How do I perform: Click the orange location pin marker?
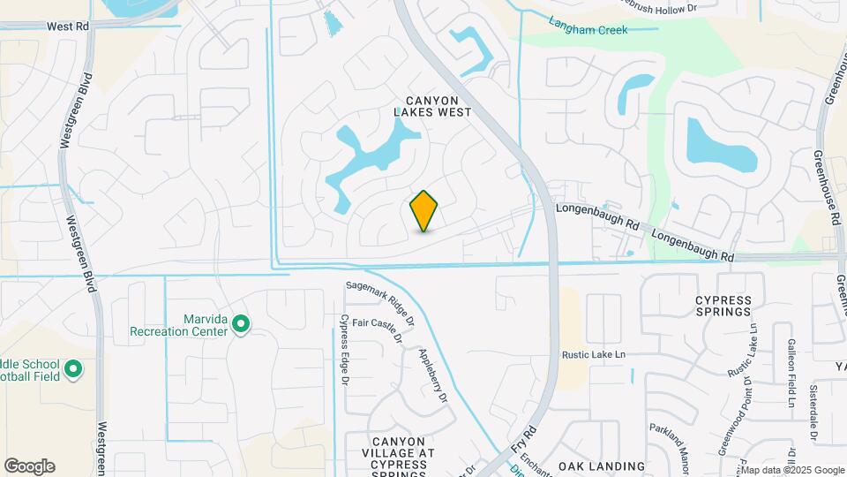[x=424, y=211]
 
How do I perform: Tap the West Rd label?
[x=68, y=26]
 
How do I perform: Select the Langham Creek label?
[x=588, y=26]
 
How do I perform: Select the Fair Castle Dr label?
[x=378, y=329]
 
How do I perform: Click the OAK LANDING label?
[x=602, y=466]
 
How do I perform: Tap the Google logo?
[x=29, y=466]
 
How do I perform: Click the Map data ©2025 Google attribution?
[x=792, y=470]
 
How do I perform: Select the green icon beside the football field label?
[x=73, y=368]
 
